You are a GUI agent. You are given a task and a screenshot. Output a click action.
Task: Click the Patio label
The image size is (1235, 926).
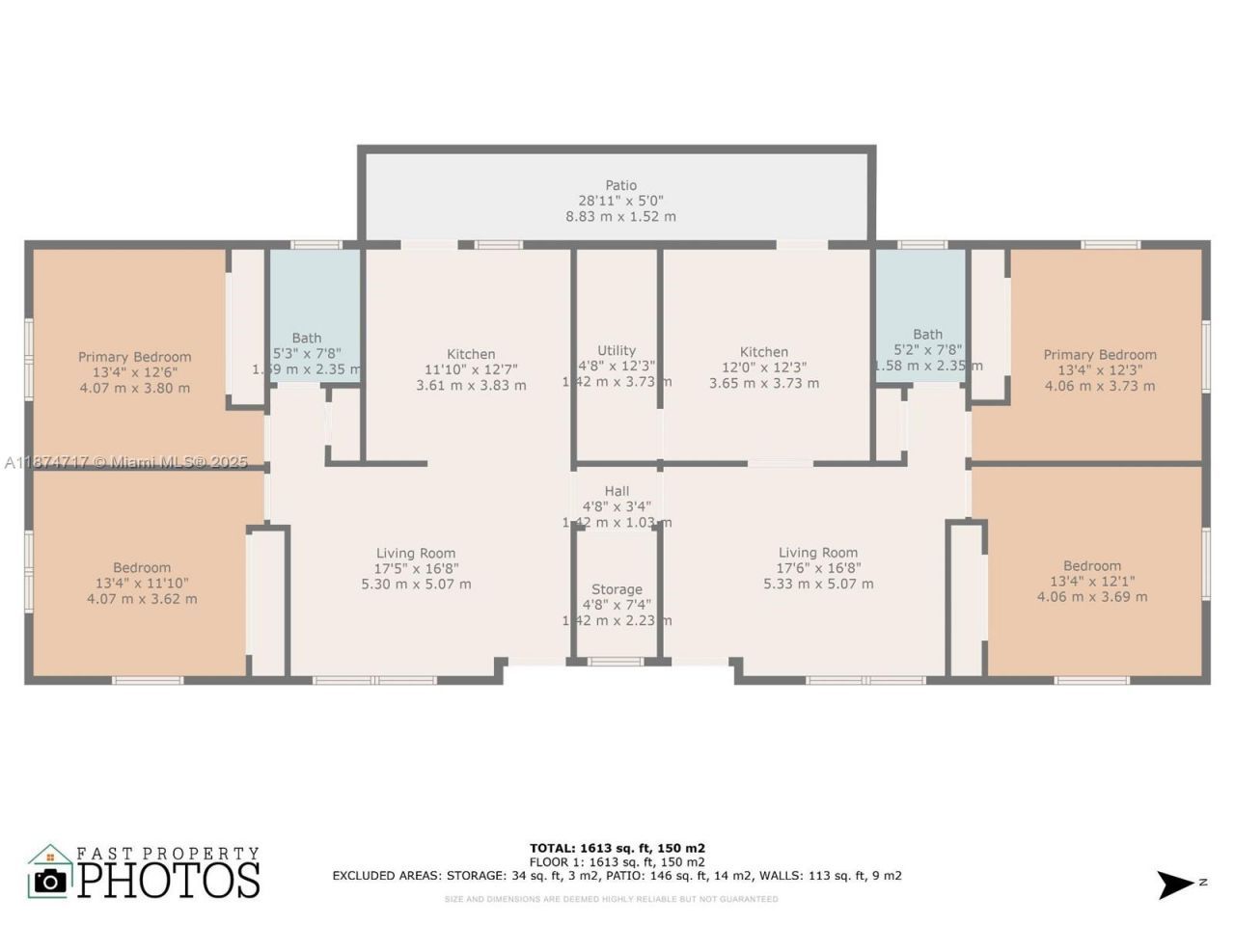[620, 185]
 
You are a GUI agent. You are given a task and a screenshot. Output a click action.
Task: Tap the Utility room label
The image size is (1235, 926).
[617, 351]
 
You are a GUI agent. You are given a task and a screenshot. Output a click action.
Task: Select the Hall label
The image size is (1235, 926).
[617, 491]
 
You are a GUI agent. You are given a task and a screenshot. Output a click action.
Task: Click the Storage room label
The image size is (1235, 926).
[617, 589]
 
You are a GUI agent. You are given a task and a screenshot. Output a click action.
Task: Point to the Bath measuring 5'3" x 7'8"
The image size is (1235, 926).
[307, 339]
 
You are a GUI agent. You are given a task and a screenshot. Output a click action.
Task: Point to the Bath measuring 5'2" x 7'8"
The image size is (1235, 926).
[927, 335]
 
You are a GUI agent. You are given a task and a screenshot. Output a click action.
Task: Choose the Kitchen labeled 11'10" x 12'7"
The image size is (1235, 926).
[471, 355]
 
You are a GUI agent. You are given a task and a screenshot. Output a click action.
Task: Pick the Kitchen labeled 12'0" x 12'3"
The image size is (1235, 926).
[764, 353]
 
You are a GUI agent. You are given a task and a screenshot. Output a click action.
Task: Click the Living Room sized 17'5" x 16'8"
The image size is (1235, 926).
[416, 554]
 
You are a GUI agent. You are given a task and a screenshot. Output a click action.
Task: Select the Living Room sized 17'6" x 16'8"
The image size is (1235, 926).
[818, 554]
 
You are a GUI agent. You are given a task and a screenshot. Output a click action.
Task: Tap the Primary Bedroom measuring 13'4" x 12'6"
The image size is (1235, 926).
[135, 358]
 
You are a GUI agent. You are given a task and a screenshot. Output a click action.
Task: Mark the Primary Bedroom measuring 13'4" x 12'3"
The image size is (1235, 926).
[1100, 355]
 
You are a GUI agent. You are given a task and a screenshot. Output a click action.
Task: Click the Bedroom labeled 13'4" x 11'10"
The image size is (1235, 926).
[142, 568]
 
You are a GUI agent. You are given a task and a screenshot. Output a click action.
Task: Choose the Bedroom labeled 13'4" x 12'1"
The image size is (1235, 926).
[1092, 566]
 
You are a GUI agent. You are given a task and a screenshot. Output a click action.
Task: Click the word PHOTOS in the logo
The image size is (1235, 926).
[169, 880]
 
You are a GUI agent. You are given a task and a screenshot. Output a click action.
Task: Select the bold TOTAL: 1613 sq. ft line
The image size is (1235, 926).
[617, 849]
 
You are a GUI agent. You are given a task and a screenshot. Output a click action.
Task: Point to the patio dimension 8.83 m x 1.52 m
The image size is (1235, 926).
[620, 217]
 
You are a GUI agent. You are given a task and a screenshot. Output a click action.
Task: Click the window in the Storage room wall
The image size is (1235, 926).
[617, 662]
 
